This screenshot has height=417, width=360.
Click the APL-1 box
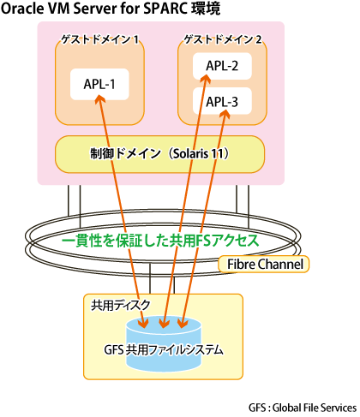tap(99, 84)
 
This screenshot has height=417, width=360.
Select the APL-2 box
tap(222, 66)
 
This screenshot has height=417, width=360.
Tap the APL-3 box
tap(222, 101)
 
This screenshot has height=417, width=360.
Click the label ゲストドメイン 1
tap(100, 39)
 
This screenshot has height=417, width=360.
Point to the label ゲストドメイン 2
tap(223, 39)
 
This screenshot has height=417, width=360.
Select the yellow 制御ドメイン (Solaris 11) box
tap(159, 154)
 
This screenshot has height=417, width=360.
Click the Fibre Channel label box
tap(263, 264)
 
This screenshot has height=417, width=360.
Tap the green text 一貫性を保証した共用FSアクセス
tap(160, 241)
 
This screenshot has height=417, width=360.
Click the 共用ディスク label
tap(121, 305)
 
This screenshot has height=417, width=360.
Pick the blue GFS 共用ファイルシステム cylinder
tap(164, 344)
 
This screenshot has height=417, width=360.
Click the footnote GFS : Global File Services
tap(303, 408)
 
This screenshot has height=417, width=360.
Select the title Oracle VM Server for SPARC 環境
tap(111, 9)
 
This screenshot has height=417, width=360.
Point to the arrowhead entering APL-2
tap(206, 79)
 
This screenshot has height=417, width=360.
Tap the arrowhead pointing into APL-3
tap(225, 114)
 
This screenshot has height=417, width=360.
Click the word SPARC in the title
tap(165, 9)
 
